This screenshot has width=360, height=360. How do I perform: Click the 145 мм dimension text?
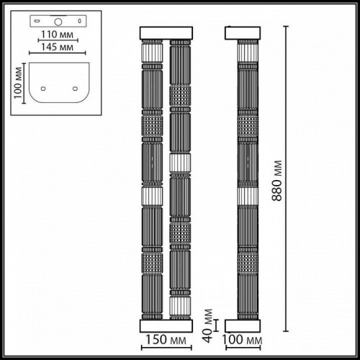point(57,47)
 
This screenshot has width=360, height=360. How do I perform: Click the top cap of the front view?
point(167,33)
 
